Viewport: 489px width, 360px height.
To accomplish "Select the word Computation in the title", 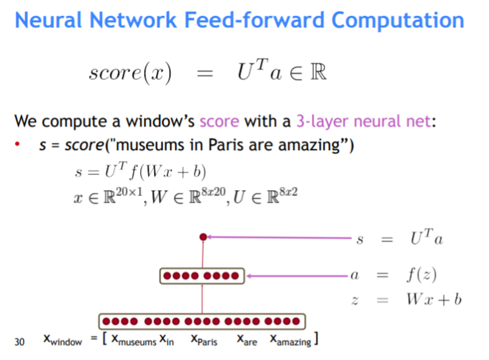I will click(x=398, y=20).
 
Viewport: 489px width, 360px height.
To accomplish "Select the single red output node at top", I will click(x=203, y=236).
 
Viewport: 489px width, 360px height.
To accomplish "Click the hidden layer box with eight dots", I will click(x=202, y=276).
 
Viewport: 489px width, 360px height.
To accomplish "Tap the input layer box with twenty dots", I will click(x=202, y=322).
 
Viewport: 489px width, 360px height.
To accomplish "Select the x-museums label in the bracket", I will click(x=133, y=341).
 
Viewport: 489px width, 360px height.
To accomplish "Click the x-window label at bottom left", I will click(x=63, y=341).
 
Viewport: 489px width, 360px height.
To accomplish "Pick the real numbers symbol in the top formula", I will click(x=317, y=71).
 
